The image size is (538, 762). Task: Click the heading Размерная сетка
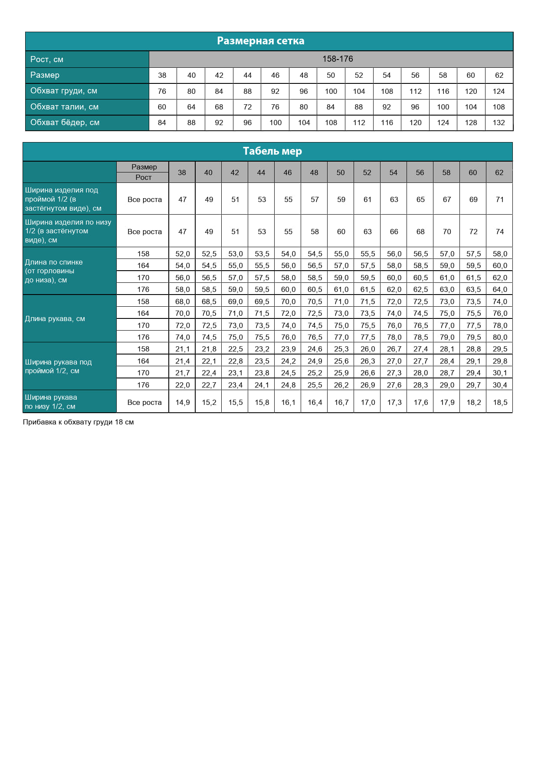[260, 41]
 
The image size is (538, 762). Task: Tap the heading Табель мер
[272, 151]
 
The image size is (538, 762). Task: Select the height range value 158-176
[337, 59]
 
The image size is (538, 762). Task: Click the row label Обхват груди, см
[63, 91]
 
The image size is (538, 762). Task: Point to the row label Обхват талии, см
[64, 107]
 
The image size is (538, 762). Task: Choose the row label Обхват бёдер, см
[65, 123]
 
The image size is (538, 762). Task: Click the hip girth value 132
[499, 123]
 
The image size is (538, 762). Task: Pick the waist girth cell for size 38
[162, 107]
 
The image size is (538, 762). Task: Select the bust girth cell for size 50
[331, 91]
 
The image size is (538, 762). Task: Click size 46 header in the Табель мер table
[287, 172]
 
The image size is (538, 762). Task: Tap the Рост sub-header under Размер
[143, 177]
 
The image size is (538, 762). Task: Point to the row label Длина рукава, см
[55, 319]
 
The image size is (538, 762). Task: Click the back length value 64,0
[499, 289]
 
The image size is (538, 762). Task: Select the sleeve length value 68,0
[182, 301]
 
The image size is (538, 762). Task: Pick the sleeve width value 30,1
[499, 373]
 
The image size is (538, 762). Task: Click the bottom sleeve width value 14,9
[182, 402]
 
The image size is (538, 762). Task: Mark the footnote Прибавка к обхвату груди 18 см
[78, 422]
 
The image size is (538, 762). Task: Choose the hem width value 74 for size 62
[499, 232]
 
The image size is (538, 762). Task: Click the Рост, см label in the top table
[46, 59]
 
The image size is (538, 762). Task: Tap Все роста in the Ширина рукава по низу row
[144, 402]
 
